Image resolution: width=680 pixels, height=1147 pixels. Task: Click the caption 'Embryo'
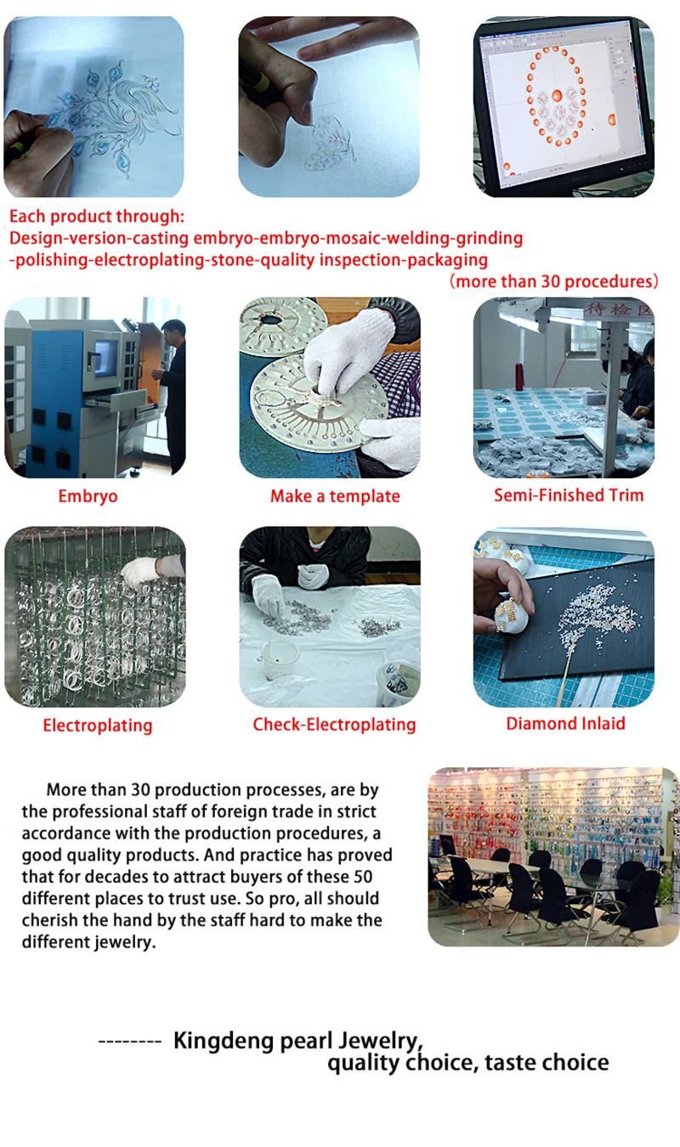(88, 496)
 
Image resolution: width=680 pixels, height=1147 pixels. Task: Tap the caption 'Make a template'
(335, 496)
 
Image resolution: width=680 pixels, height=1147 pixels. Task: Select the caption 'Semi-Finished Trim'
(569, 495)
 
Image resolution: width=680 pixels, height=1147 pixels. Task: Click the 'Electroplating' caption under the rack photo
(98, 726)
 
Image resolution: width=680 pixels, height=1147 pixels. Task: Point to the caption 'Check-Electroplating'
(334, 725)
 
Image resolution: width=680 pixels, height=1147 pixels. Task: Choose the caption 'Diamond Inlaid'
(566, 723)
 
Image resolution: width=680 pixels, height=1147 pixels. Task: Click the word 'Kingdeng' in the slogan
(224, 1042)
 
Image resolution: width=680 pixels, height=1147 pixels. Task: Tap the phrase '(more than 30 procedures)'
(554, 281)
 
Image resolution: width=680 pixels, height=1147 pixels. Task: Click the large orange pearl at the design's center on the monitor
(558, 96)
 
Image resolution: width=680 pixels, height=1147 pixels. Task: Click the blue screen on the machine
(105, 358)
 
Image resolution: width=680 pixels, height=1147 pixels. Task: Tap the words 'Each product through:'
(96, 217)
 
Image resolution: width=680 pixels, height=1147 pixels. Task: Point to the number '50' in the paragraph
(362, 877)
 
